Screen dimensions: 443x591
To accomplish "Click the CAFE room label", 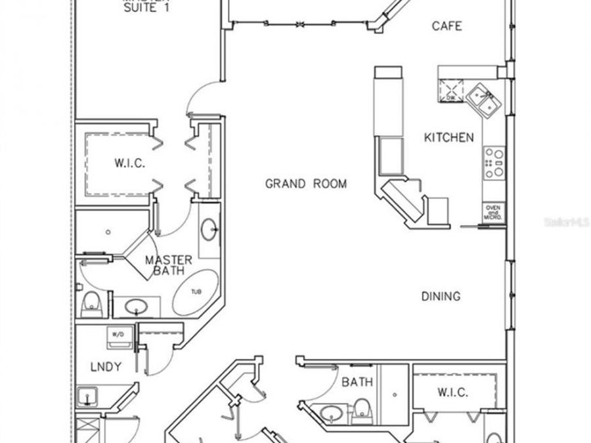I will pyautogui.click(x=447, y=26).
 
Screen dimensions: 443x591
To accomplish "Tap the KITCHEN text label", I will pyautogui.click(x=449, y=138).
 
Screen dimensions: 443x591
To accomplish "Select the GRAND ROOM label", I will pyautogui.click(x=305, y=184).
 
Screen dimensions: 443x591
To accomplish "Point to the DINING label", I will pyautogui.click(x=441, y=297).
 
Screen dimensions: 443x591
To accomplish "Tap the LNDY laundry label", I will pyautogui.click(x=105, y=367).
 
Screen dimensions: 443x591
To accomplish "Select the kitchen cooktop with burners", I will pyautogui.click(x=494, y=163).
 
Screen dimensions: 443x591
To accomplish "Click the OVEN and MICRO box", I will pyautogui.click(x=494, y=211).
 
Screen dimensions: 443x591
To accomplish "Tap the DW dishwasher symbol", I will pyautogui.click(x=451, y=90).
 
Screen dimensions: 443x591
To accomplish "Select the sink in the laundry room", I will pyautogui.click(x=86, y=396).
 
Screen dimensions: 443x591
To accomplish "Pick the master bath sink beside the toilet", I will pyautogui.click(x=137, y=306).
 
